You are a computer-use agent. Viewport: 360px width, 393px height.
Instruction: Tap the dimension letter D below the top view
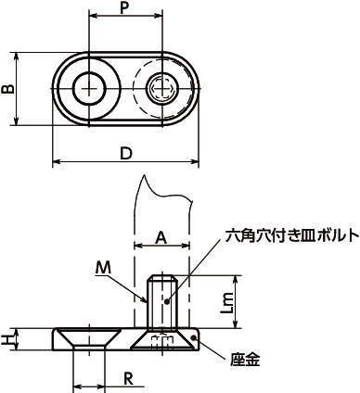point(126,153)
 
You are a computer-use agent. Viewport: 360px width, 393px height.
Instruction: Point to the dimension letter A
point(161,237)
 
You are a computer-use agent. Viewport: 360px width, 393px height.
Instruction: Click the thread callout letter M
point(103,267)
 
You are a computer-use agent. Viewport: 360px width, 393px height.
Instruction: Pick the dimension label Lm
point(228,303)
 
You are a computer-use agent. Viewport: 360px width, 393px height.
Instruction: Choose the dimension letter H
point(6,339)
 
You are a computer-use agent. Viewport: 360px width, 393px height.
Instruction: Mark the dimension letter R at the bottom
point(128,378)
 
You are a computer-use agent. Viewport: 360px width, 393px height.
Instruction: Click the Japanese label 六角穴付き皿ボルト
point(292,235)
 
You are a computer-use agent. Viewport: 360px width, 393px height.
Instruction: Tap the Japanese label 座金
point(245,360)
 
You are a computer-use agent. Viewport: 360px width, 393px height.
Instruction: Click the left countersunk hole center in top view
point(89,89)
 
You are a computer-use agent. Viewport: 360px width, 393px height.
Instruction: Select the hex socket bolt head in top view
point(161,89)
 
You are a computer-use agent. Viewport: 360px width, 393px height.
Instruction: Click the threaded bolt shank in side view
point(161,301)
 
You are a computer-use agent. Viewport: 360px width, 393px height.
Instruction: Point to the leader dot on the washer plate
point(194,337)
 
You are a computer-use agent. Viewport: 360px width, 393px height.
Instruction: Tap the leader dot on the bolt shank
point(167,301)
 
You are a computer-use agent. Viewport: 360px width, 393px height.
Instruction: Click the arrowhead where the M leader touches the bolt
point(145,300)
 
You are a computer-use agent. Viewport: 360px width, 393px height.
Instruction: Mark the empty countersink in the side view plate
point(89,337)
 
